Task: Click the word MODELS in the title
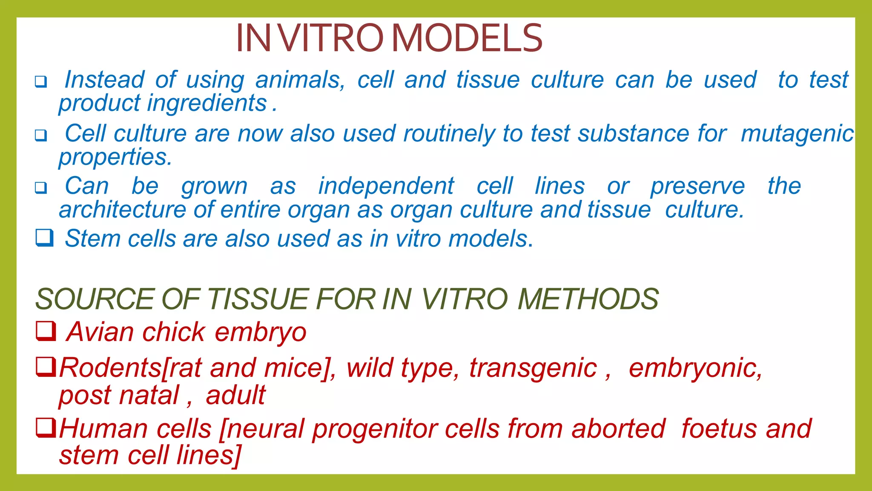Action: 467,38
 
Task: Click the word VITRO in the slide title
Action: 332,38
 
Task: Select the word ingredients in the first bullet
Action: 207,104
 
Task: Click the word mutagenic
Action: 797,134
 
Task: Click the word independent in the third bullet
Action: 386,186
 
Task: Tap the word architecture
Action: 122,210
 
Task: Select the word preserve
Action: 697,186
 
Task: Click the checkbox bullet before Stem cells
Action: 44,238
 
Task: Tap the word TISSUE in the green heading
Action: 258,299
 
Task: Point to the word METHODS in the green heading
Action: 588,299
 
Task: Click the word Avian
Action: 100,332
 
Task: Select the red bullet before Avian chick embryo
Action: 46,331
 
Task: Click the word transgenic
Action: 533,368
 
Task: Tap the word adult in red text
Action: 235,395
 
